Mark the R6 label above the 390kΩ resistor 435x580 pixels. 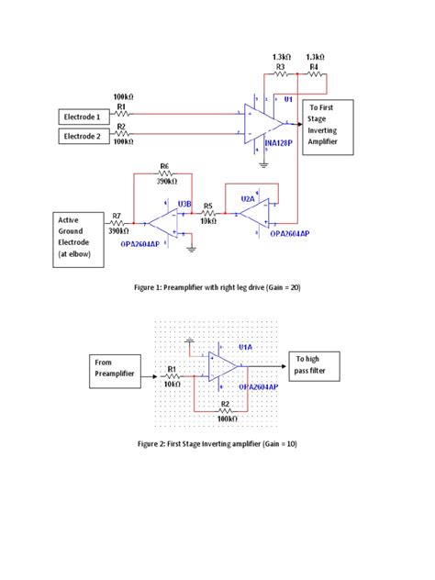tap(164, 166)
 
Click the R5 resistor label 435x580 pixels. tap(208, 206)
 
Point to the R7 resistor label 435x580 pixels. tap(116, 216)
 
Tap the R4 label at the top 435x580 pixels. tap(314, 66)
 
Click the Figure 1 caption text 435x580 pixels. tap(217, 288)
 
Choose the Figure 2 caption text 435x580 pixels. tap(217, 443)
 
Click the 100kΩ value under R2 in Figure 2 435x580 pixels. tap(228, 418)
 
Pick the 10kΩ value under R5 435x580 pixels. tap(208, 221)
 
